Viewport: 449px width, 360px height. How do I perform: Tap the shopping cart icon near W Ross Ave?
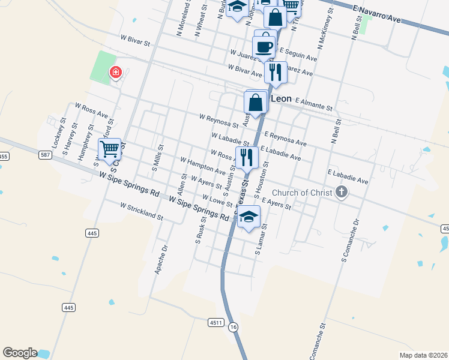110,149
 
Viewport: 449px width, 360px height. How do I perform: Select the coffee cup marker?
264,46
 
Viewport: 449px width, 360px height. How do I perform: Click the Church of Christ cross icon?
342,193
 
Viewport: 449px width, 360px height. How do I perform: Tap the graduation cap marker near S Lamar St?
248,217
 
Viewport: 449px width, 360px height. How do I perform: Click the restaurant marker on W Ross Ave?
247,157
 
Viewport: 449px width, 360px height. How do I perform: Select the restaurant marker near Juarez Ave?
275,72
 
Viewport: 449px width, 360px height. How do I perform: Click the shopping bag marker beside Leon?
256,103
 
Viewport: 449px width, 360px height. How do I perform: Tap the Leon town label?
282,98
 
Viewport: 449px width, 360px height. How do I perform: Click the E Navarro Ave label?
377,15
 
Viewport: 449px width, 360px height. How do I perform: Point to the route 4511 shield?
217,323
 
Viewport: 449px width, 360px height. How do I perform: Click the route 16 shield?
234,326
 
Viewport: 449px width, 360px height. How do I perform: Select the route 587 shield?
46,155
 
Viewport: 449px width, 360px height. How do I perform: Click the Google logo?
20,353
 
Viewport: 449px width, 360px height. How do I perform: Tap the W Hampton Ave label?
203,166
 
